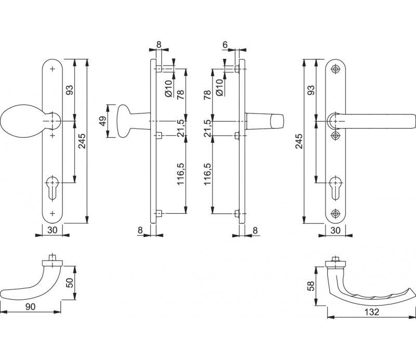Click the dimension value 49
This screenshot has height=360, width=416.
[x=103, y=121]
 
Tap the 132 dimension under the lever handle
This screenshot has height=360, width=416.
[x=372, y=312]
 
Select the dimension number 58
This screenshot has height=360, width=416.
[x=310, y=286]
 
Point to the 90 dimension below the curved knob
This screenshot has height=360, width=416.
[x=30, y=306]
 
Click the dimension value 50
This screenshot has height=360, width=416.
[x=70, y=282]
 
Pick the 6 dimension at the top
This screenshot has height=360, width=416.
[x=225, y=45]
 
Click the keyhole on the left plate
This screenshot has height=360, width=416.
[x=53, y=187]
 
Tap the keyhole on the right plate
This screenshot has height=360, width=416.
[x=335, y=187]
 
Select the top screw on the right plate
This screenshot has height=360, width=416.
[x=335, y=69]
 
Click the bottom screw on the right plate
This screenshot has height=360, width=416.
[x=335, y=213]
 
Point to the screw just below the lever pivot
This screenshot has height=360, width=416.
[x=335, y=136]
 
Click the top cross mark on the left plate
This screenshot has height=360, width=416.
[x=53, y=69]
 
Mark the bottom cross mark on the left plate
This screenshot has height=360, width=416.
[x=53, y=213]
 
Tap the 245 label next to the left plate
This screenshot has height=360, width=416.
[x=82, y=141]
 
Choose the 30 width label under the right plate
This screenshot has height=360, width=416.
[x=335, y=230]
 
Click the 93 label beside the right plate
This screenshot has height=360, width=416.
[x=310, y=89]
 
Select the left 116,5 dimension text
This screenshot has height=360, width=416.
[x=180, y=174]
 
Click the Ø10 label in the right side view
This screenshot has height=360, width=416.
[x=219, y=87]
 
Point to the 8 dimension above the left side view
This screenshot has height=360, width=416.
[x=159, y=45]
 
